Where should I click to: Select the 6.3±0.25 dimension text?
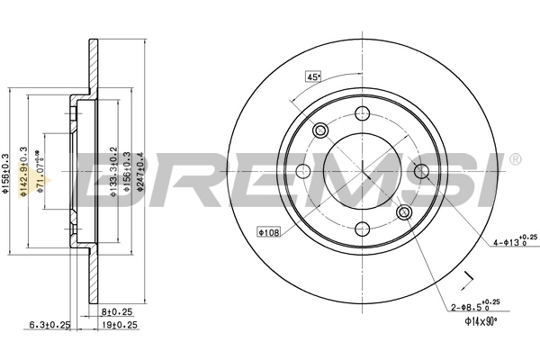click(x=51, y=325)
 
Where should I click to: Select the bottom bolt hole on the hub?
click(x=363, y=228)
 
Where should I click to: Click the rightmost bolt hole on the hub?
click(x=420, y=170)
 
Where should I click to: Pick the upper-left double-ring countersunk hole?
click(x=321, y=130)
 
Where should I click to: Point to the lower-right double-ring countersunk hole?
click(x=404, y=211)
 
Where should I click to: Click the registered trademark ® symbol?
click(x=514, y=160)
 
